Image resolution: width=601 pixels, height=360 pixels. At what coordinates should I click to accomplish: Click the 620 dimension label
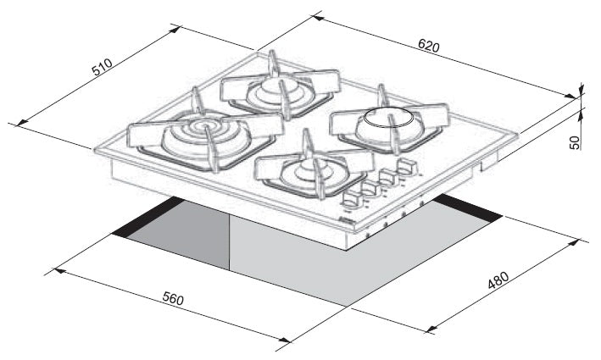[x=429, y=46]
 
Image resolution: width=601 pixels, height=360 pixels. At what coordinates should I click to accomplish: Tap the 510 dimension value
[x=102, y=66]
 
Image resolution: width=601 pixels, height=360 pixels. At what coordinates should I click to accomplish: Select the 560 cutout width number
[x=173, y=298]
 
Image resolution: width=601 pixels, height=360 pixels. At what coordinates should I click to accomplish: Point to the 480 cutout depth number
[x=498, y=280]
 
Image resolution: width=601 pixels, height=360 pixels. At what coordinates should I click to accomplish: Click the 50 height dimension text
[x=575, y=141]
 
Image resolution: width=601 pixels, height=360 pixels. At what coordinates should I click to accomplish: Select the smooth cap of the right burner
[x=388, y=118]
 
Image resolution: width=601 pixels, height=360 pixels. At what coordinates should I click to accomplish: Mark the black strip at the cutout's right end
[x=467, y=208]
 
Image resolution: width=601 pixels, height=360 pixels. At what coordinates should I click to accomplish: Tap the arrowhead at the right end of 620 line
[x=570, y=97]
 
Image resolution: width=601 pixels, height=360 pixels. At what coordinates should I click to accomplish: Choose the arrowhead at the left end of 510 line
[x=22, y=123]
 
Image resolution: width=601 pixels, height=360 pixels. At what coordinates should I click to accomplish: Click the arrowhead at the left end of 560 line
[x=59, y=271]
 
